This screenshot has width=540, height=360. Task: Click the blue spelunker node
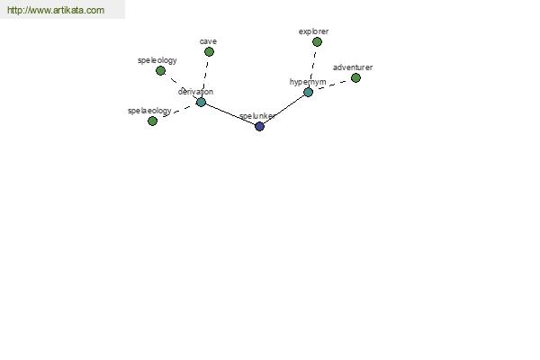click(260, 126)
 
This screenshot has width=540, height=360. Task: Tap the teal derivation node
click(201, 103)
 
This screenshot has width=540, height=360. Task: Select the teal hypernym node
click(308, 93)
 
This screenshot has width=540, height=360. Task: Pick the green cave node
click(209, 52)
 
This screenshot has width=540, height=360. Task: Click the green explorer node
click(317, 42)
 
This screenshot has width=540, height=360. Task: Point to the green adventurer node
click(355, 78)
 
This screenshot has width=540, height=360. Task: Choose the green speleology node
click(160, 71)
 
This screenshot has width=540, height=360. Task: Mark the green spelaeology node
click(153, 121)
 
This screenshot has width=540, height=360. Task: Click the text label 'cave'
click(208, 41)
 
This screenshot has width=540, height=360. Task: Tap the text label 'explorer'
click(313, 31)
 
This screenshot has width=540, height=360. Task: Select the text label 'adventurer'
click(353, 67)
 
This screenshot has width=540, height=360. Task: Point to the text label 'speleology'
click(157, 60)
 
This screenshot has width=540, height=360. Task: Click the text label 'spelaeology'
click(149, 111)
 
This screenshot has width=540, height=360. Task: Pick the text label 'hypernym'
click(308, 82)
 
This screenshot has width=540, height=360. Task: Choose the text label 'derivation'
click(195, 92)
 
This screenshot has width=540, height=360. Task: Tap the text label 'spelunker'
click(256, 116)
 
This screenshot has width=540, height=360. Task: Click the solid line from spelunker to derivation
click(230, 114)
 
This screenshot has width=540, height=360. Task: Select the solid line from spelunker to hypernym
click(283, 110)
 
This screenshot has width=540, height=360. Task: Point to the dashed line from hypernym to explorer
click(313, 66)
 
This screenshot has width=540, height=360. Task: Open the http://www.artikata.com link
click(56, 10)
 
